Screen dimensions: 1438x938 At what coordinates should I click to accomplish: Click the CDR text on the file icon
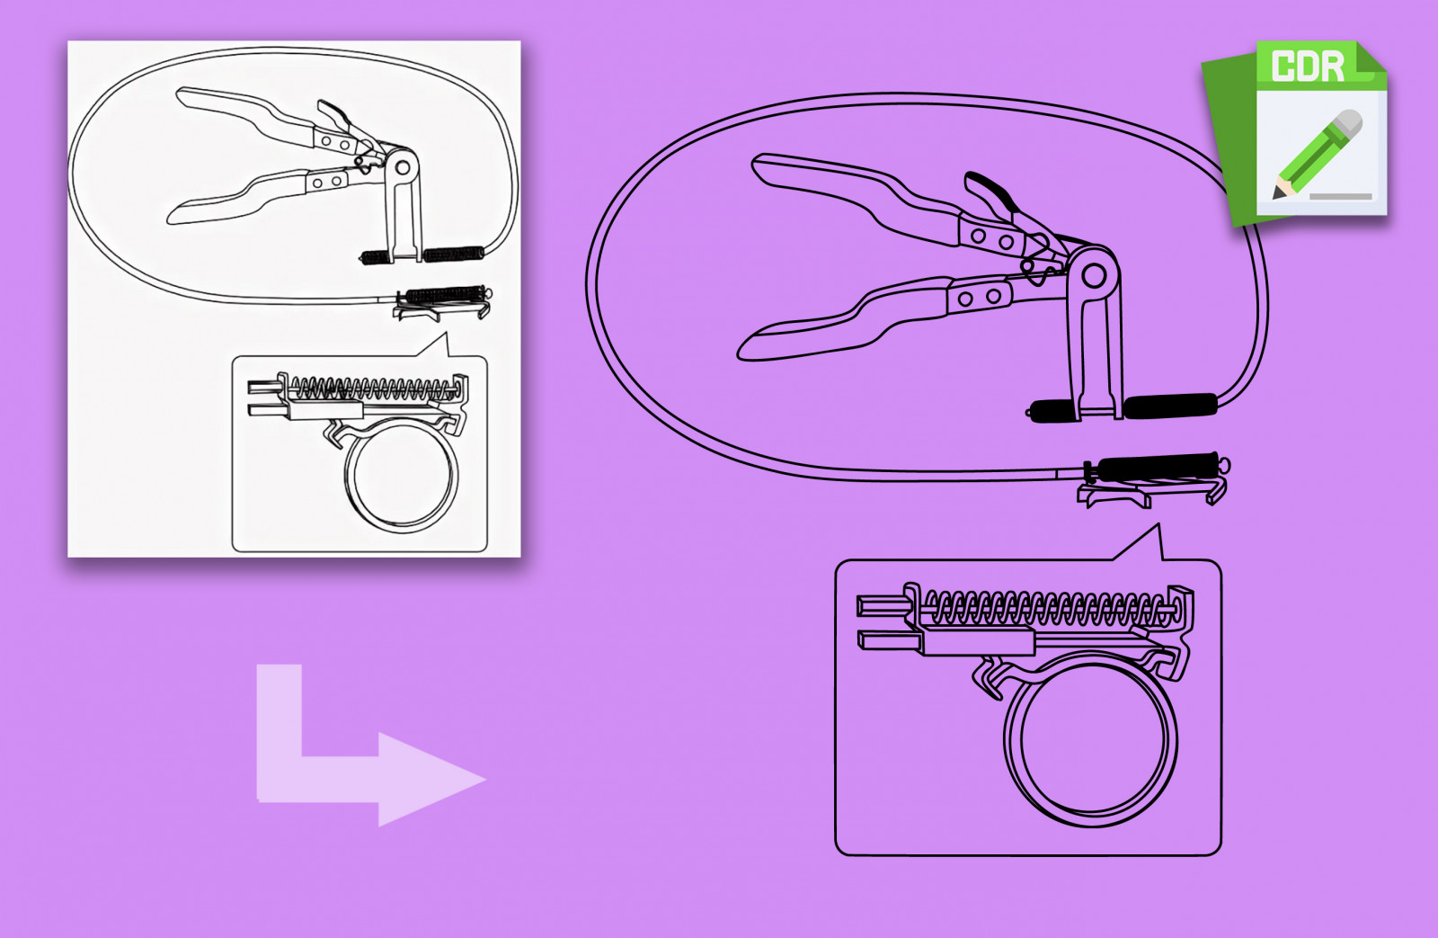point(1308,66)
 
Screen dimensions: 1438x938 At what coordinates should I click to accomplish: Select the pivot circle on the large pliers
point(1094,276)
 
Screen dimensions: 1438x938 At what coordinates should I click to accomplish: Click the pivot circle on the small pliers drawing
point(403,168)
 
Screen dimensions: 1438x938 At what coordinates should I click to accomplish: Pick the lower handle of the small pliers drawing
point(237,196)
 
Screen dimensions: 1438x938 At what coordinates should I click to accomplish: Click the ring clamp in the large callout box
point(1090,739)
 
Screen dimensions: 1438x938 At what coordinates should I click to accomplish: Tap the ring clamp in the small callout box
point(402,476)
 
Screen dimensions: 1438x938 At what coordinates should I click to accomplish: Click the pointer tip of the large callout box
point(1158,524)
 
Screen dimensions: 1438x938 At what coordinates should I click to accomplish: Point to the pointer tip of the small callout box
point(446,333)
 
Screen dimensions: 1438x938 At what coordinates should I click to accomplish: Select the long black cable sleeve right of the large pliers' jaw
point(1169,406)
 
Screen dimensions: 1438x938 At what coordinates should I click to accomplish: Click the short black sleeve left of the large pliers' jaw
point(1052,409)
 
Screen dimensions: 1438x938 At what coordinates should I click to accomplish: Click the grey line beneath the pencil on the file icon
point(1340,197)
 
